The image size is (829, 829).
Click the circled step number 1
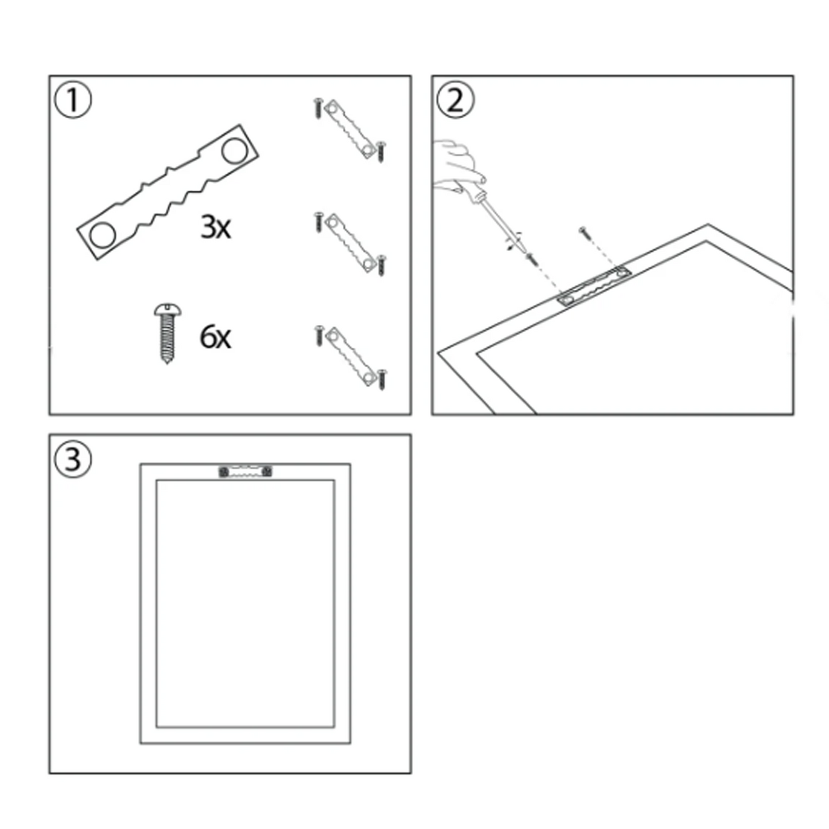tap(73, 100)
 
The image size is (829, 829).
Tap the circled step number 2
tap(456, 100)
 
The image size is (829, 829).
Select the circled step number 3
tap(73, 459)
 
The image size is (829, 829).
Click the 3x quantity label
tap(216, 227)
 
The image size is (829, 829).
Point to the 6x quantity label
tap(215, 337)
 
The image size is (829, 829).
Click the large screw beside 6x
tap(167, 333)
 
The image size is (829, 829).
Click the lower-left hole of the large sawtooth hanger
tap(103, 235)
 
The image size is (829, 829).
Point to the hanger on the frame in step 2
tap(594, 286)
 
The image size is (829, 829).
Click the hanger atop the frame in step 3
tap(245, 471)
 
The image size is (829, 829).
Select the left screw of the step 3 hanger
tap(224, 472)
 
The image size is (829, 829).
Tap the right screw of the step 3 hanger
tap(267, 472)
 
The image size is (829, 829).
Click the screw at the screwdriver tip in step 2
tap(532, 260)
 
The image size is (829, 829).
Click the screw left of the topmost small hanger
tap(318, 109)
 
